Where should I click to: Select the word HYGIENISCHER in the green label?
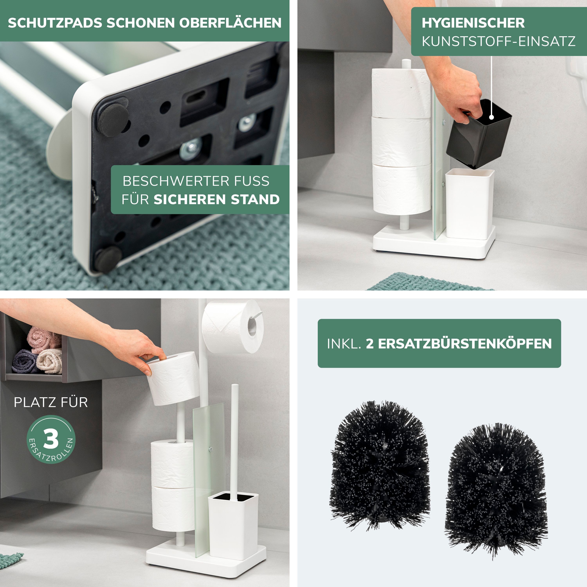[473, 23]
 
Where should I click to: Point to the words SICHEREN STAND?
[216, 200]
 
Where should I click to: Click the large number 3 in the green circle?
[51, 439]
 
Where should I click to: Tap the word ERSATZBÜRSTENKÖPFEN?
[459, 344]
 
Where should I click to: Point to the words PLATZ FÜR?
[51, 402]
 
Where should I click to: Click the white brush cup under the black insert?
[469, 203]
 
